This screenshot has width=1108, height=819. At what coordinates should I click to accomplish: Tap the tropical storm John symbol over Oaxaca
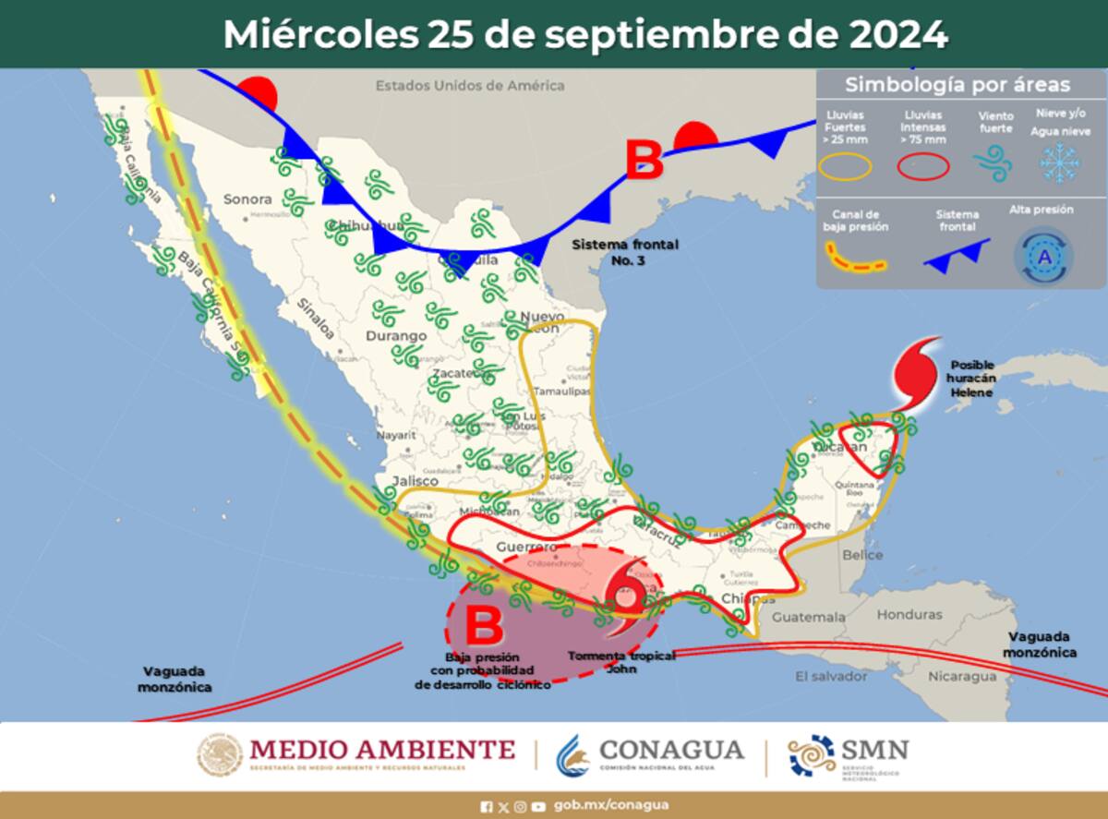pos(629,595)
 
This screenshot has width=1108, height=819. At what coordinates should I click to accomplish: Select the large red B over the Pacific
pos(483,626)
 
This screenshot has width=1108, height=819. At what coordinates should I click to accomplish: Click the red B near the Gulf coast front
pos(644,161)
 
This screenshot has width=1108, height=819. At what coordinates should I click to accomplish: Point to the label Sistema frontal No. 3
pos(625,251)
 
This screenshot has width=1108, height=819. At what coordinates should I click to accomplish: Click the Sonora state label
pos(248,199)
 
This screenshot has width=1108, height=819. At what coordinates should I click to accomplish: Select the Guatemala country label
pos(808,616)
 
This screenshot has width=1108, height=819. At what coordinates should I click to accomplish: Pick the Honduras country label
pos(909,614)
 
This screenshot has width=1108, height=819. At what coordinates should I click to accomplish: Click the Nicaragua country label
pos(962,676)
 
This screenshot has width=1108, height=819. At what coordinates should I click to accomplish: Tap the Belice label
pos(862,555)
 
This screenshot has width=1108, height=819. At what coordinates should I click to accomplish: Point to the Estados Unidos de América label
pos(469,86)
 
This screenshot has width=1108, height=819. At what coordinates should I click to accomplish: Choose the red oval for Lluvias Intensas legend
pos(923,166)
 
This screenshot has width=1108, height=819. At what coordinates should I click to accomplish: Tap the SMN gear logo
pos(812,756)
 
